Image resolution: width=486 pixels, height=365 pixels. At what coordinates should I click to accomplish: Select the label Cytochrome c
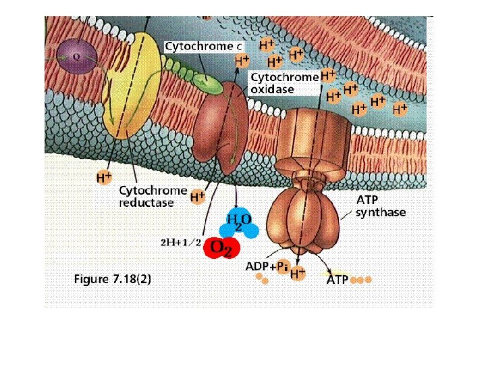click(203, 46)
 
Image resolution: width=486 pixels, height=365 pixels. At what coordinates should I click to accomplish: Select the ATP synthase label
click(381, 206)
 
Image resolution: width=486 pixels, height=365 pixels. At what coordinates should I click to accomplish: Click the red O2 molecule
click(222, 247)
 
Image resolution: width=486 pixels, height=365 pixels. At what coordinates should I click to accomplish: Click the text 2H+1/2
click(179, 242)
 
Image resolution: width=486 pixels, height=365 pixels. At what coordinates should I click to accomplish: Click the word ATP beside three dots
click(337, 278)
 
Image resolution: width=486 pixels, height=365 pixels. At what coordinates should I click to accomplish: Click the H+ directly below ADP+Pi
click(298, 274)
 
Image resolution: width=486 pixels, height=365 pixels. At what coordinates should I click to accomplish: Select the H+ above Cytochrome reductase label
click(103, 178)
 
